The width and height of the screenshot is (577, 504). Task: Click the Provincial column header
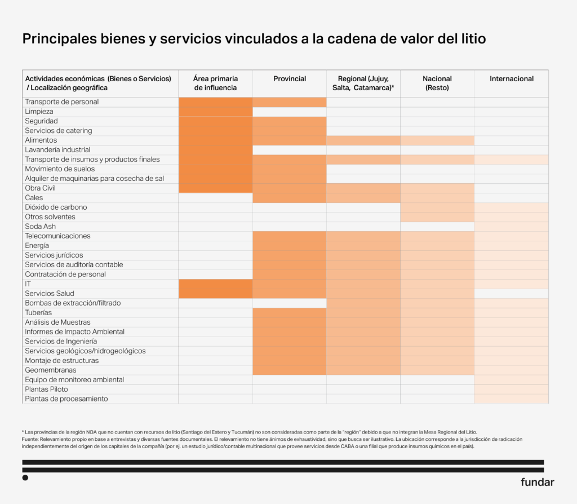tap(290, 79)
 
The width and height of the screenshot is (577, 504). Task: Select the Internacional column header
tap(511, 79)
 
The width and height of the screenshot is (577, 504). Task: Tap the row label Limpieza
tap(39, 112)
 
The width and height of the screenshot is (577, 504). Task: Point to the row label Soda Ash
tap(41, 227)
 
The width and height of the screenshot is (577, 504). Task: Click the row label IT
tap(28, 284)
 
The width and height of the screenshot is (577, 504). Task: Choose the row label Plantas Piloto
tap(46, 390)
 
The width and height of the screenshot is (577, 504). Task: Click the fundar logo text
tap(537, 482)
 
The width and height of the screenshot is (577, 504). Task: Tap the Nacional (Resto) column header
tap(437, 83)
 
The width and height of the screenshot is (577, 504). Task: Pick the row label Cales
tap(34, 198)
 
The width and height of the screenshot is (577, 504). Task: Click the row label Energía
tap(37, 246)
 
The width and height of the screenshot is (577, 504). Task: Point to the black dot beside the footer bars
tap(25, 478)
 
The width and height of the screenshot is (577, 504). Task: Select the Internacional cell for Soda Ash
tap(511, 227)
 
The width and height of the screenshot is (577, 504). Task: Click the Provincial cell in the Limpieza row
tap(290, 112)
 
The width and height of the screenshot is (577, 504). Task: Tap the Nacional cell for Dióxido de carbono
tap(437, 207)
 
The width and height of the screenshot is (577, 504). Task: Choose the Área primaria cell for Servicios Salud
tap(216, 294)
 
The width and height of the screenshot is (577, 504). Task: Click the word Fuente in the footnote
tap(31, 439)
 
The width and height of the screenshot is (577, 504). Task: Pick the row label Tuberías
tap(38, 313)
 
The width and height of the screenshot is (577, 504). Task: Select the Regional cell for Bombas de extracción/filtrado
tap(363, 303)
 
